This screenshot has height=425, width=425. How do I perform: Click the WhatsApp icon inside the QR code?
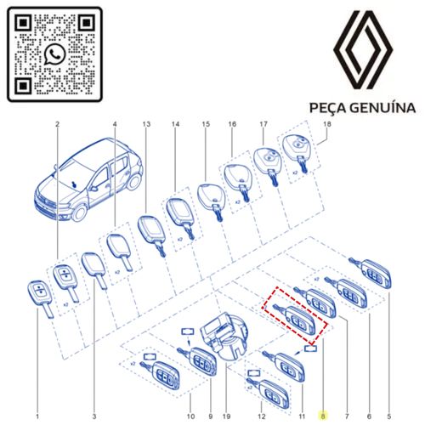click(x=54, y=54)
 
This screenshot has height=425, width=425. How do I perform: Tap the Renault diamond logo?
click(x=363, y=50)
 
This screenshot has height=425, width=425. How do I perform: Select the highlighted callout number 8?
click(x=323, y=416)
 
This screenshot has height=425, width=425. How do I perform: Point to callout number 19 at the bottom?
click(x=226, y=416)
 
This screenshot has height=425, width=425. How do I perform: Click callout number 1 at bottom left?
click(x=37, y=416)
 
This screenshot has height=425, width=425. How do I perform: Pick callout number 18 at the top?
click(x=327, y=124)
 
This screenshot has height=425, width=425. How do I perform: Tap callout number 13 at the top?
click(x=146, y=124)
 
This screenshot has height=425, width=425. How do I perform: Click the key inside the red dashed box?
click(x=294, y=318)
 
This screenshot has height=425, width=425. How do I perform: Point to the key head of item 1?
click(x=39, y=292)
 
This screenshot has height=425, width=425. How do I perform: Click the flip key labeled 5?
click(x=371, y=272)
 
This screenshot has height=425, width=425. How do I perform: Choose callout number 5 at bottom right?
click(x=388, y=416)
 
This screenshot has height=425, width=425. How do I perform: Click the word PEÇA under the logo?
click(x=326, y=109)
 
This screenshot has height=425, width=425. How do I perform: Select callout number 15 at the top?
click(x=206, y=124)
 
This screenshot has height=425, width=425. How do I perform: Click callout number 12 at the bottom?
click(x=262, y=416)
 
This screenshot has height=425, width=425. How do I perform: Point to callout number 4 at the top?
click(x=115, y=124)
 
